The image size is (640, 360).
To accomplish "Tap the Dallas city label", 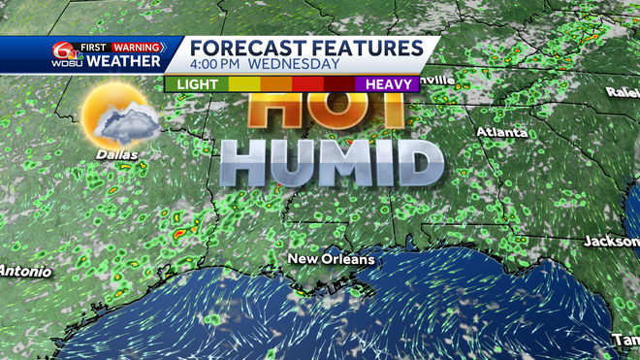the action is (x=116, y=153).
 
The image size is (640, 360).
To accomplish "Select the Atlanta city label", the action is (x=501, y=131).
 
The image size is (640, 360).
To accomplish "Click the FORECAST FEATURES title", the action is (x=305, y=48).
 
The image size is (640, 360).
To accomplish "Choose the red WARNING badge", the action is (x=135, y=46).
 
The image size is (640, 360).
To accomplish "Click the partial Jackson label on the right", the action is (x=612, y=240).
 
